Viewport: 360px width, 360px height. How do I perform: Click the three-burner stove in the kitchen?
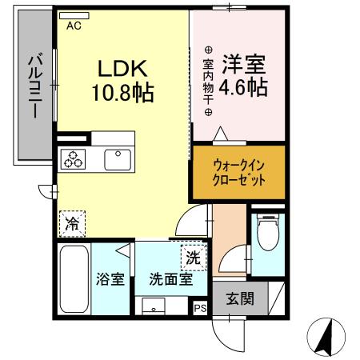point(73,158)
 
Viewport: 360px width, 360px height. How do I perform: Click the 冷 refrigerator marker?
point(72,225)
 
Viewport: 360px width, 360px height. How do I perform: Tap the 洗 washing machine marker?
point(193,258)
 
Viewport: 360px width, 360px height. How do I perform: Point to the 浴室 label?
point(110,281)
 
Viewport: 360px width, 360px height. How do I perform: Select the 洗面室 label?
point(169,281)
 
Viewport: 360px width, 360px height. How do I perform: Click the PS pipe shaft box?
point(199,306)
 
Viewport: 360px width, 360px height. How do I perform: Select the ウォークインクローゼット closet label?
point(238,173)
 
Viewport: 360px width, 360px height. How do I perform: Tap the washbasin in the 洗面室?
point(154,305)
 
